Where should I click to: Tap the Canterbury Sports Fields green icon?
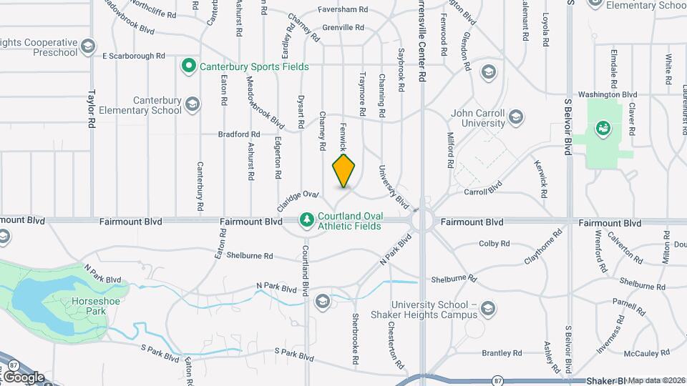[189, 66]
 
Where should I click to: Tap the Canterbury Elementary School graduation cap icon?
[192, 105]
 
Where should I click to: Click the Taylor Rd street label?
[92, 108]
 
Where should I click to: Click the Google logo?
[23, 377]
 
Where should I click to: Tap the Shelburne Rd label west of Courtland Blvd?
[249, 255]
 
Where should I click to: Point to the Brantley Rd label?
[502, 353]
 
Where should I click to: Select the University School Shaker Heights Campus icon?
[488, 308]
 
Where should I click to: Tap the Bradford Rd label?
[240, 134]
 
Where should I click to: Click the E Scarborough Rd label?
[134, 55]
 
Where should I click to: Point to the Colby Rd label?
[493, 243]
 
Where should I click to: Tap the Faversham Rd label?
[344, 10]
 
